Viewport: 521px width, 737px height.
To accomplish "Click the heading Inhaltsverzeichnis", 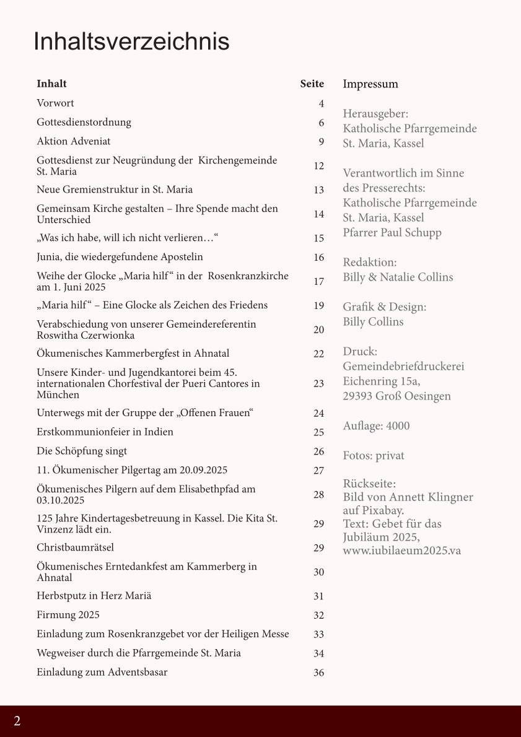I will click(x=131, y=41).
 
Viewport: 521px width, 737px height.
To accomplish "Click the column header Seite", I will click(x=312, y=84).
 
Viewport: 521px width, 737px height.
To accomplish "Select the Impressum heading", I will click(x=370, y=84).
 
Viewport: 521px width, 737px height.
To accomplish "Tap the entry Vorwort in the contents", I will click(x=55, y=103).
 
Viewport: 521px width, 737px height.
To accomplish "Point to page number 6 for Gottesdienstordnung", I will click(x=322, y=123).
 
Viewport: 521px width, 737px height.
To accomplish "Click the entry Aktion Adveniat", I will click(x=74, y=141).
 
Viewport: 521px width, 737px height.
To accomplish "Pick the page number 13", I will click(x=318, y=190).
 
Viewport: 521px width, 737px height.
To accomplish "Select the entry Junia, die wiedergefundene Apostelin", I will click(x=120, y=256).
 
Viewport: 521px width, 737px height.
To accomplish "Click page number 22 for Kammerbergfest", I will click(x=318, y=354).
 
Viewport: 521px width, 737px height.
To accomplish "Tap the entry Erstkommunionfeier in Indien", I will click(x=105, y=432).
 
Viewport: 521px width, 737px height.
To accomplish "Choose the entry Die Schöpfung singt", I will click(x=82, y=451).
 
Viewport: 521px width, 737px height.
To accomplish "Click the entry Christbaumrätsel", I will click(x=75, y=547).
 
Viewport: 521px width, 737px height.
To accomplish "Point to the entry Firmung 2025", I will click(x=68, y=615).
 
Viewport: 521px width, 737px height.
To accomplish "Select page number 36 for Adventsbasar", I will click(x=318, y=673).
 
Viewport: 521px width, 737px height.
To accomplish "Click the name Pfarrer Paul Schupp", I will click(x=392, y=233).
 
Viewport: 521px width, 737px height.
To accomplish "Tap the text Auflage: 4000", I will click(x=376, y=426).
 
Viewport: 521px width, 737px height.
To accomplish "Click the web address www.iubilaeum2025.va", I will click(x=402, y=551).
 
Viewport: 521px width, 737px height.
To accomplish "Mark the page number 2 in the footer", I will click(x=17, y=721).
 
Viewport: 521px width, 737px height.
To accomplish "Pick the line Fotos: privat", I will click(x=374, y=456).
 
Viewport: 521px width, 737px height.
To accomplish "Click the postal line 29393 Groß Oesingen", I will click(x=396, y=396).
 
